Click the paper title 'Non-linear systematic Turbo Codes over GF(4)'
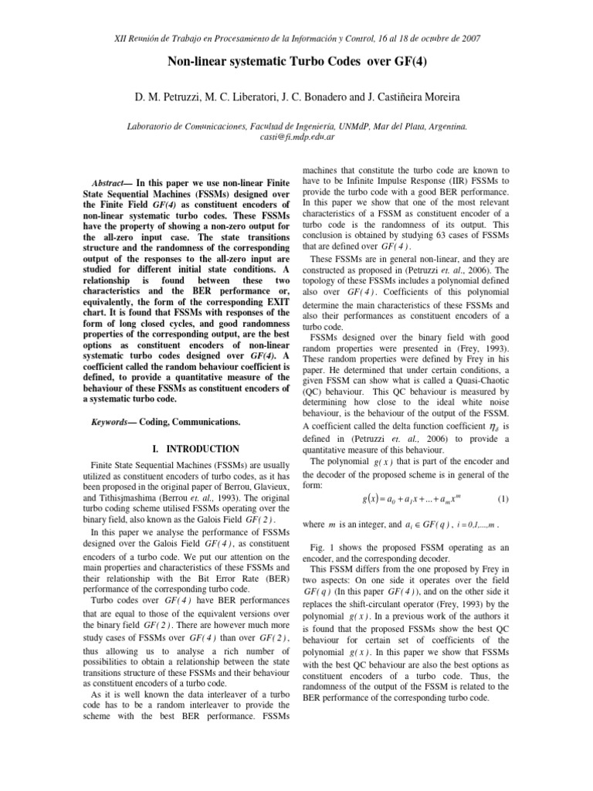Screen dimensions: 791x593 click(296, 65)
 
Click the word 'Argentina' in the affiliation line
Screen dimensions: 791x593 click(442, 124)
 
